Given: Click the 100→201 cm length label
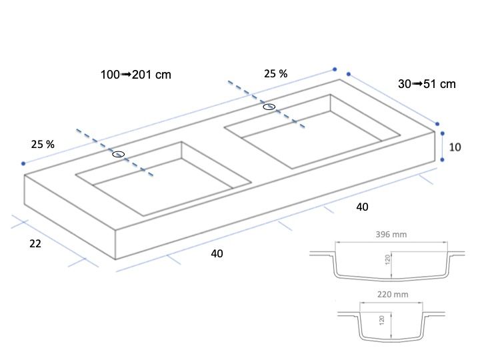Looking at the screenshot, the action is pyautogui.click(x=135, y=75).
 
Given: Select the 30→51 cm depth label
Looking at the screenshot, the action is pyautogui.click(x=427, y=84).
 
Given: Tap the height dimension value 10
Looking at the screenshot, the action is pyautogui.click(x=455, y=147).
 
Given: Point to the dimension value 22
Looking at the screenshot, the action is pyautogui.click(x=35, y=244).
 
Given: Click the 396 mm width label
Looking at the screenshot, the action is pyautogui.click(x=391, y=235).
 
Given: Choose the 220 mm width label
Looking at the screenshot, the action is pyautogui.click(x=393, y=295).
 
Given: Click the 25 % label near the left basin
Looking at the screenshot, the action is pyautogui.click(x=43, y=144).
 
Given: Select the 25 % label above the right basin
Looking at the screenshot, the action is pyautogui.click(x=276, y=74).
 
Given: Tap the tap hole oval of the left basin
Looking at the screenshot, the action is pyautogui.click(x=119, y=154).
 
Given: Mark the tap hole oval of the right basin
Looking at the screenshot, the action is pyautogui.click(x=269, y=107).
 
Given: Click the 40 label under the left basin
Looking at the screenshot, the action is pyautogui.click(x=217, y=253).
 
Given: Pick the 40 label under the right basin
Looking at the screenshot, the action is pyautogui.click(x=362, y=207).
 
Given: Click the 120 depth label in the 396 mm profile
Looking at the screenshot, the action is pyautogui.click(x=387, y=259).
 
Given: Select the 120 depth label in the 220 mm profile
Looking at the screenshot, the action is pyautogui.click(x=381, y=320).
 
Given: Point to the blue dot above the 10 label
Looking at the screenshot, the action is pyautogui.click(x=442, y=133).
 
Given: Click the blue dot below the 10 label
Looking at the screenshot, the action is pyautogui.click(x=442, y=159).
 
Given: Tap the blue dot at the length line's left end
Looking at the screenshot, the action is pyautogui.click(x=23, y=163).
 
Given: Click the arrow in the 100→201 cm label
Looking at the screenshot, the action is pyautogui.click(x=126, y=75).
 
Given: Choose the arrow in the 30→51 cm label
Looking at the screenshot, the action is pyautogui.click(x=417, y=83).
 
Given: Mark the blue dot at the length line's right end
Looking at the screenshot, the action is pyautogui.click(x=335, y=69).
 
